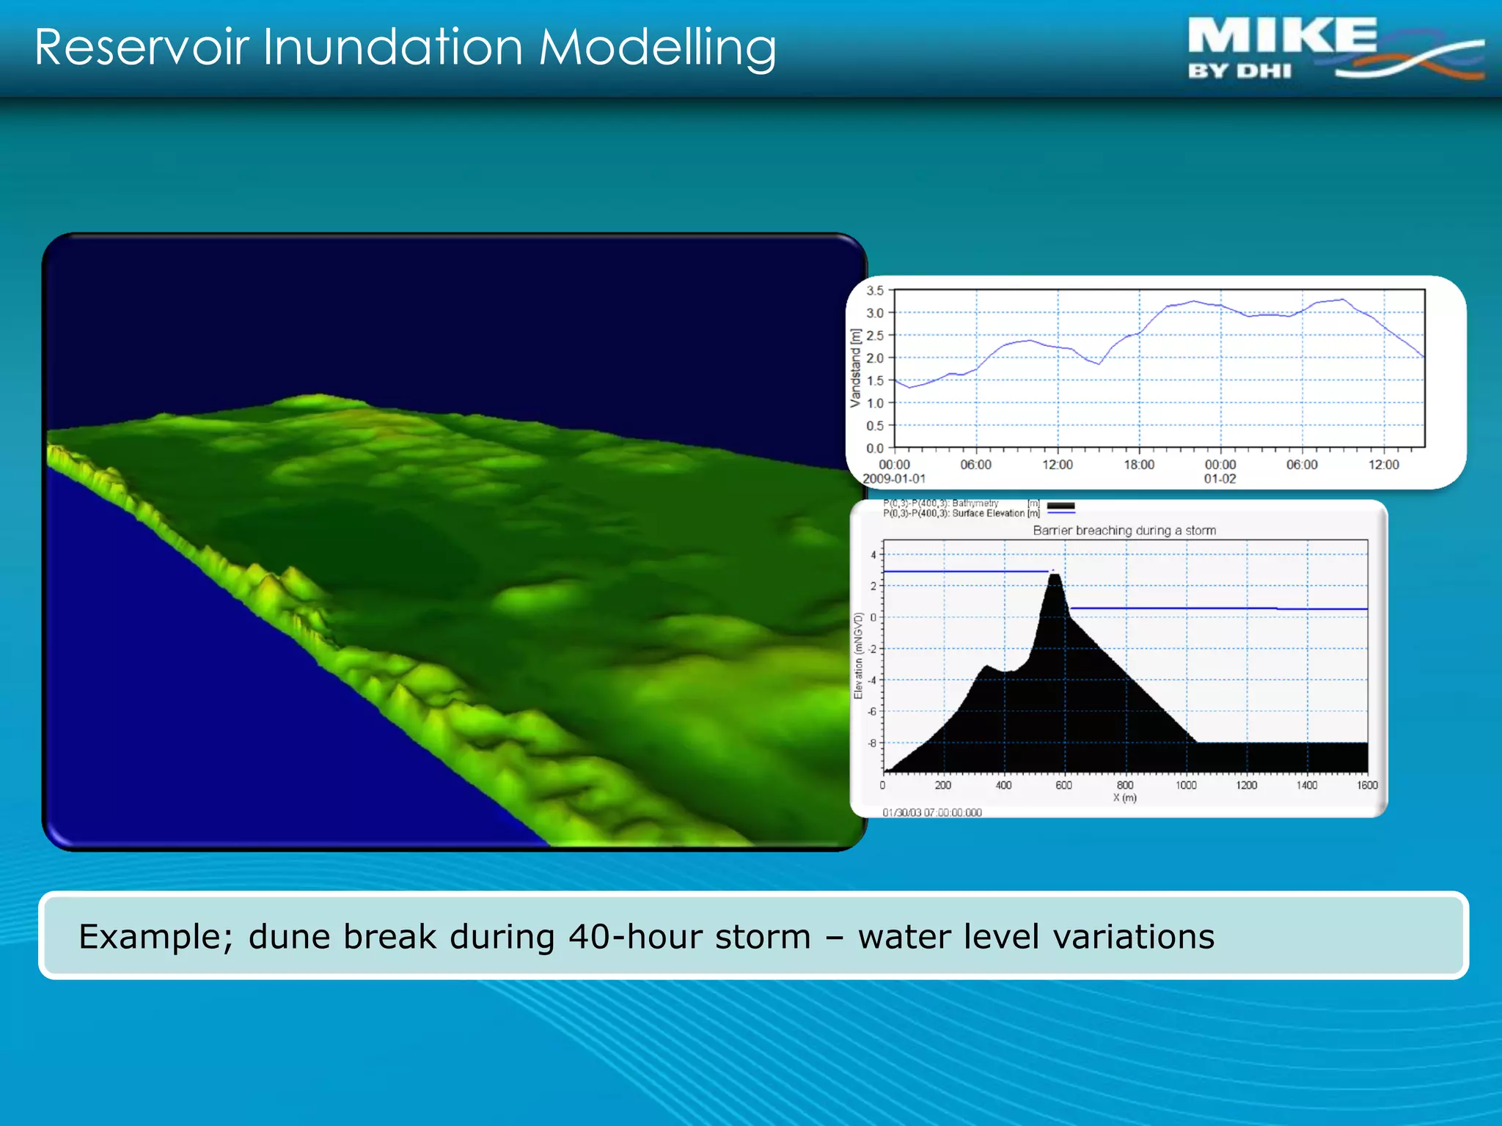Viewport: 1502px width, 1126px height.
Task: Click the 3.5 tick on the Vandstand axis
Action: point(875,291)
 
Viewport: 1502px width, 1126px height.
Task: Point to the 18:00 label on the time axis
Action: point(1138,465)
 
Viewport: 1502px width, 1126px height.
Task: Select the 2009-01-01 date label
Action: point(894,479)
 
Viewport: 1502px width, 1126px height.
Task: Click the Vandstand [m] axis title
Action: point(855,368)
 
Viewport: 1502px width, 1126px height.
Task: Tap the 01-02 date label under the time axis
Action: point(1220,479)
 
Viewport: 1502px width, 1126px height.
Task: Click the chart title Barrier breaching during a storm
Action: point(1124,530)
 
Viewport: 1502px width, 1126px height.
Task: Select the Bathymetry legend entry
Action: point(975,504)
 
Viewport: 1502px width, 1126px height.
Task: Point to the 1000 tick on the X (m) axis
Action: point(1186,785)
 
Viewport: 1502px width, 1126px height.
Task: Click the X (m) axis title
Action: point(1124,798)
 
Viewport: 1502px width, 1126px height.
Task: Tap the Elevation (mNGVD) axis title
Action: point(858,655)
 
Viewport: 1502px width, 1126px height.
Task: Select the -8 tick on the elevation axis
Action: point(872,743)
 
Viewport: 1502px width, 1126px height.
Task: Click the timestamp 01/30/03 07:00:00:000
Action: point(931,812)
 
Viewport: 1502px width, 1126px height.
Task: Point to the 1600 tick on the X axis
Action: point(1366,785)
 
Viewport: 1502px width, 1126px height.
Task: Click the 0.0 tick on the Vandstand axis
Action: point(875,448)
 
